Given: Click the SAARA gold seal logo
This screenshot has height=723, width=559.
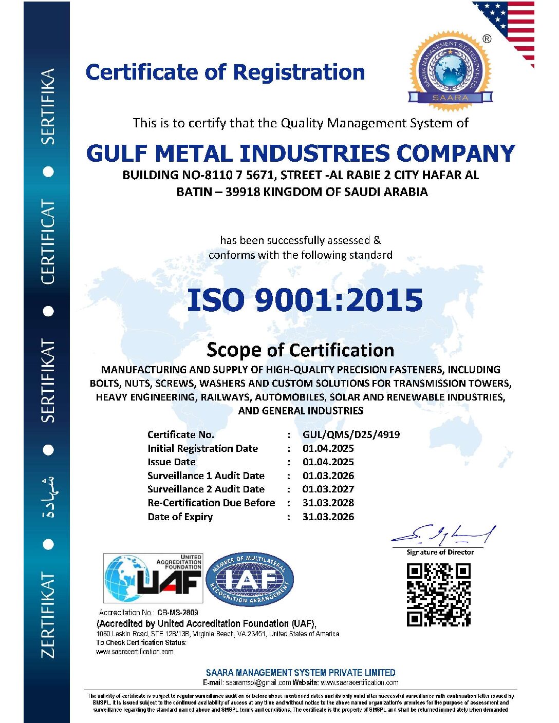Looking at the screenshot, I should (x=450, y=71).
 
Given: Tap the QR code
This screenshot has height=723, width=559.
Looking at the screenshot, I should (x=438, y=595).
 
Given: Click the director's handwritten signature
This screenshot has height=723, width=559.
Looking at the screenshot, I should (x=443, y=536).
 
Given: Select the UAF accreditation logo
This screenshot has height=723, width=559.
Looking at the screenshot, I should (x=153, y=578).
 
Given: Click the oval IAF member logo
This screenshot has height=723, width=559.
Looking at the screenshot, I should (x=250, y=579).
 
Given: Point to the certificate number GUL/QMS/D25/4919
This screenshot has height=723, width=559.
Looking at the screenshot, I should (x=351, y=434).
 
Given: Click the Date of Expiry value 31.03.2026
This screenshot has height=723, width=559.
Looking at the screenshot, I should (x=328, y=517).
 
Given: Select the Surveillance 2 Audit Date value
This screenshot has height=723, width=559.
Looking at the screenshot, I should (x=328, y=489).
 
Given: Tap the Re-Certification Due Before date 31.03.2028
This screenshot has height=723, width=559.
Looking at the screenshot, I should (x=328, y=503).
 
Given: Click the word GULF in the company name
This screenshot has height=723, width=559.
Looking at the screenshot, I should (x=117, y=154).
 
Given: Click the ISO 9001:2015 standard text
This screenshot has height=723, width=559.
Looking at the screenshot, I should (x=305, y=300).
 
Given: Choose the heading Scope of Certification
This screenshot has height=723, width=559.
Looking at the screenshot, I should (x=300, y=350).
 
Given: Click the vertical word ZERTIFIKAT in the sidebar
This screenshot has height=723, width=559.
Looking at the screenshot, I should (x=48, y=615).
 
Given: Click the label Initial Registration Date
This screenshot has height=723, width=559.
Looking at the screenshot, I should (x=202, y=448).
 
